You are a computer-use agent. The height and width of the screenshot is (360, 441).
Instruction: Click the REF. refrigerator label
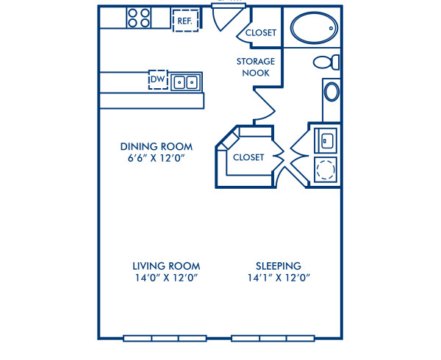[184, 21]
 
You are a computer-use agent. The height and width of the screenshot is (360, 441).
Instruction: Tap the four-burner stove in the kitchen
[138, 18]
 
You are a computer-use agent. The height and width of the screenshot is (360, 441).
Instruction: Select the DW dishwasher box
[157, 79]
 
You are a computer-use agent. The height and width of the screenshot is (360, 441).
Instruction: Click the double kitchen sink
[186, 82]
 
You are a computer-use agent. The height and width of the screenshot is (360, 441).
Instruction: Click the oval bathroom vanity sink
[332, 91]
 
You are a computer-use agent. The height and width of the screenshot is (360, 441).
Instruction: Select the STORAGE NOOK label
[256, 67]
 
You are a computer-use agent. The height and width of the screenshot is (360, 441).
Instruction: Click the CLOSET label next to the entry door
[261, 33]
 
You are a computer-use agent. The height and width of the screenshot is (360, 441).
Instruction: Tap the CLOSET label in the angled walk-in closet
[248, 157]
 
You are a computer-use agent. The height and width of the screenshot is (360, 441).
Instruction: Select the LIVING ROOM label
[166, 265]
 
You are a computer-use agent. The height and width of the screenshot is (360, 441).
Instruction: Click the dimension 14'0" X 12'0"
[166, 278]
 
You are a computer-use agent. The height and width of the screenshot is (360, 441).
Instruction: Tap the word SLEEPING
[278, 265]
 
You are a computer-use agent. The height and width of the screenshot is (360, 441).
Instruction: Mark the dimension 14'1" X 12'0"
[278, 278]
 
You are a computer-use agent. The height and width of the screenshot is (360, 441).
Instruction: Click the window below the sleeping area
[273, 339]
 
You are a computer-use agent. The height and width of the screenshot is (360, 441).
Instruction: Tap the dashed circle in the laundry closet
[324, 170]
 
